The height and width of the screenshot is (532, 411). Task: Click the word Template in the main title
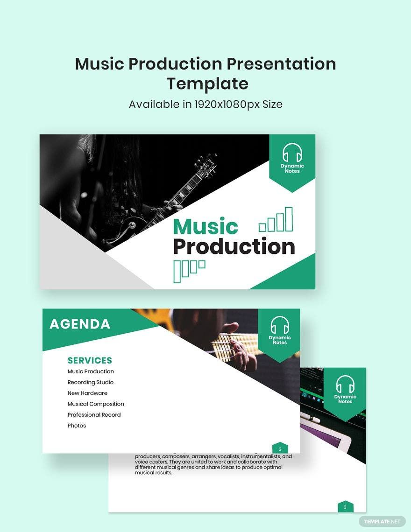tap(207, 84)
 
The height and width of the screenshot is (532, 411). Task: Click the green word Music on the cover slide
tap(205, 227)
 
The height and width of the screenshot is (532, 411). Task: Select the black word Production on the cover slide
tap(234, 247)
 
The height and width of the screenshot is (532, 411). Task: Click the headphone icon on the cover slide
tap(292, 153)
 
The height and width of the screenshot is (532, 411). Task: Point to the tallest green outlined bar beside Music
tap(289, 219)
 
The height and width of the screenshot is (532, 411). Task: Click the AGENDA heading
tap(80, 324)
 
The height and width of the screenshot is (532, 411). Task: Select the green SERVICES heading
tap(90, 360)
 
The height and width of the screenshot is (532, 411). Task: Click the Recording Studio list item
tap(90, 382)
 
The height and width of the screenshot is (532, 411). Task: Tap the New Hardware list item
tap(87, 393)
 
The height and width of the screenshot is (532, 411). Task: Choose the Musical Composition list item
tap(96, 404)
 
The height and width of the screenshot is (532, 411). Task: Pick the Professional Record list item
tap(94, 414)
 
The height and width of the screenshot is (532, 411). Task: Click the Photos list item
tap(77, 426)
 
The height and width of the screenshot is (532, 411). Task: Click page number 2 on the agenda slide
tap(280, 449)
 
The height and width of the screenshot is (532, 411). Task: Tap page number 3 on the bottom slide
tap(345, 507)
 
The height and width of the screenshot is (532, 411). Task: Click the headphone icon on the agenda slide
tap(280, 325)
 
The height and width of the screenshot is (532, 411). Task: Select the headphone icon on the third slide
tap(345, 384)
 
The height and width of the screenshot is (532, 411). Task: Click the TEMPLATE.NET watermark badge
tap(382, 521)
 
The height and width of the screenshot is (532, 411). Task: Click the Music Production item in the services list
tap(91, 371)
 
